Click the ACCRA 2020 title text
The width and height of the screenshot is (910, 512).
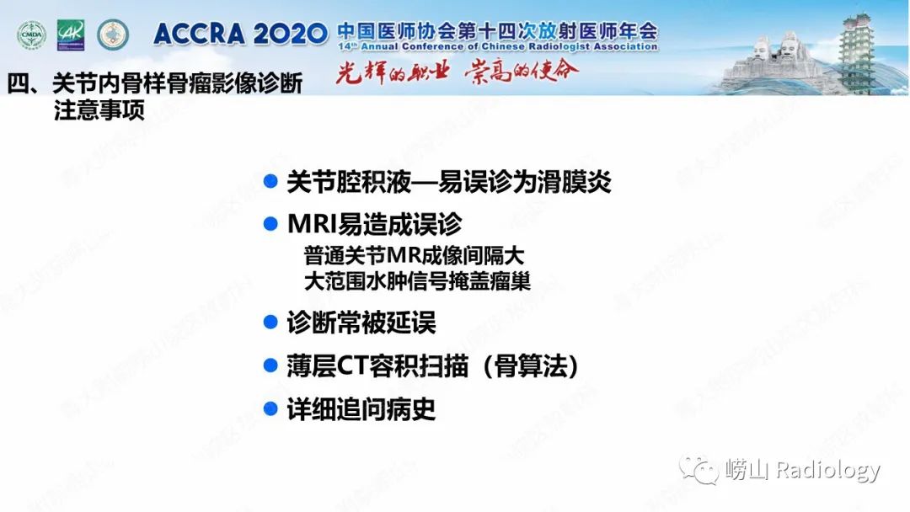[x=239, y=35]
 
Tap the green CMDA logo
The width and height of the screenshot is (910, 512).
[x=32, y=35]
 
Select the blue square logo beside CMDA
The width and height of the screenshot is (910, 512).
[x=71, y=35]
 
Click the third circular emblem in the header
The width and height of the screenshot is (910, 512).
[x=113, y=35]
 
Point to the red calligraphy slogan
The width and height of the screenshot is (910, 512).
[x=458, y=72]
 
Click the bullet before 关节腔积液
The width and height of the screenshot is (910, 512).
[x=270, y=181]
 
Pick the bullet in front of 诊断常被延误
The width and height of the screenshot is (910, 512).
[x=270, y=322]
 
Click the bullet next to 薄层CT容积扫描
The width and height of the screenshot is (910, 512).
[x=270, y=365]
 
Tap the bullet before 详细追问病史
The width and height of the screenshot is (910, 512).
[x=270, y=409]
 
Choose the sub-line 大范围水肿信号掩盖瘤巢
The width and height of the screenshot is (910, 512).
[x=417, y=280]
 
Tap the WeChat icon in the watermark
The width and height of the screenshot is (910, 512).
[x=700, y=469]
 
